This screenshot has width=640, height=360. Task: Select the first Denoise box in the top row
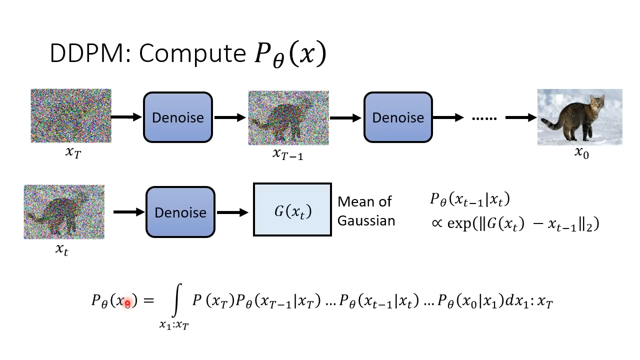click(178, 117)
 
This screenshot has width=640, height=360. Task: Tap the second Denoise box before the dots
click(398, 117)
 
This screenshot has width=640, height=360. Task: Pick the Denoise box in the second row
click(180, 212)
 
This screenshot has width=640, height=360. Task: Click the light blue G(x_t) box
click(292, 210)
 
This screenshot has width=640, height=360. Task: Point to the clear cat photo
click(579, 117)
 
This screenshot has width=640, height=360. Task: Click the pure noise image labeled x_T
click(71, 116)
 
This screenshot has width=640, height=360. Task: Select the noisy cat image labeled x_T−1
click(288, 118)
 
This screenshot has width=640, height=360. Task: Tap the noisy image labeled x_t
click(64, 212)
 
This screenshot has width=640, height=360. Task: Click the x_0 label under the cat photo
click(581, 153)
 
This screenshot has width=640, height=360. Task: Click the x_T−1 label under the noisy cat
click(288, 154)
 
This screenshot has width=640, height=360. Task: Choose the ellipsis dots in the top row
click(484, 118)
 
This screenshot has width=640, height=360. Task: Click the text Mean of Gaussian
click(366, 211)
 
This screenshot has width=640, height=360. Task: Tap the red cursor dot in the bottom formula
click(127, 303)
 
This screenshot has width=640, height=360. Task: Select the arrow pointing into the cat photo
click(520, 117)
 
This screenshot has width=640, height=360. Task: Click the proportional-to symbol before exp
click(437, 223)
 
